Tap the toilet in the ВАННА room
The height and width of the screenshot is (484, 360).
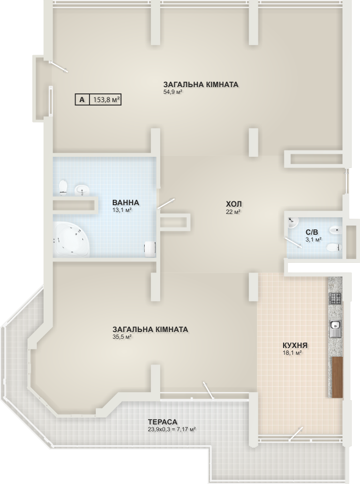pyautogui.click(x=63, y=188)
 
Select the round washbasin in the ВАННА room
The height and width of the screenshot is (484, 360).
pyautogui.click(x=82, y=190)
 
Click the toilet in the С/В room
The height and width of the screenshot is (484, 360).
pyautogui.click(x=334, y=247)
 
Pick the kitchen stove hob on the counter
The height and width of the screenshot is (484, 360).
pyautogui.click(x=335, y=298)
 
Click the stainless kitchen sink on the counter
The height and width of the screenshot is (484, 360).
pyautogui.click(x=335, y=329)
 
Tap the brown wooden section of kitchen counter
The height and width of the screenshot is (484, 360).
pyautogui.click(x=337, y=377)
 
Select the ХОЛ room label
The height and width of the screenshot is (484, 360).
pyautogui.click(x=234, y=204)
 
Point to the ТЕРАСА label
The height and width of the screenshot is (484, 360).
pyautogui.click(x=163, y=422)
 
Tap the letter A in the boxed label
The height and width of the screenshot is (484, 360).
pyautogui.click(x=82, y=100)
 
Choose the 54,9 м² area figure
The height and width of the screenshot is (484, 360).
pyautogui.click(x=172, y=91)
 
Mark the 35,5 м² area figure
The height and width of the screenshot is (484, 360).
pyautogui.click(x=122, y=337)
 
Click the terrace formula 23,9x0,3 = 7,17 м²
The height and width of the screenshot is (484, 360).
pyautogui.click(x=172, y=429)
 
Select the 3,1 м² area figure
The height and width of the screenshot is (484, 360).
pyautogui.click(x=314, y=239)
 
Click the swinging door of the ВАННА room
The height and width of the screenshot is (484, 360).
pyautogui.click(x=166, y=204)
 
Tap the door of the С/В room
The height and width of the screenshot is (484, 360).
pyautogui.click(x=293, y=242)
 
